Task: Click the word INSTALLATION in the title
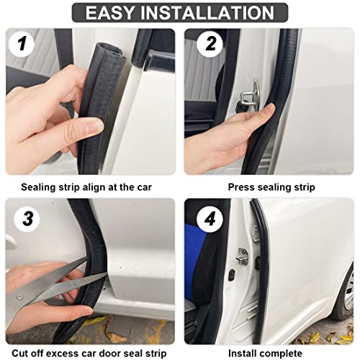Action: tap(205, 12)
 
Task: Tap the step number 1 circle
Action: tap(23, 45)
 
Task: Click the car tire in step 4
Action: tap(345, 295)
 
